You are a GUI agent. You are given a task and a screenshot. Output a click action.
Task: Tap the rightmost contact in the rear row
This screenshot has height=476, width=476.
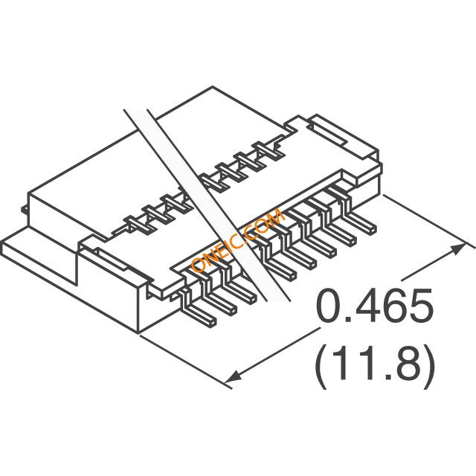(x=266, y=155)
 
